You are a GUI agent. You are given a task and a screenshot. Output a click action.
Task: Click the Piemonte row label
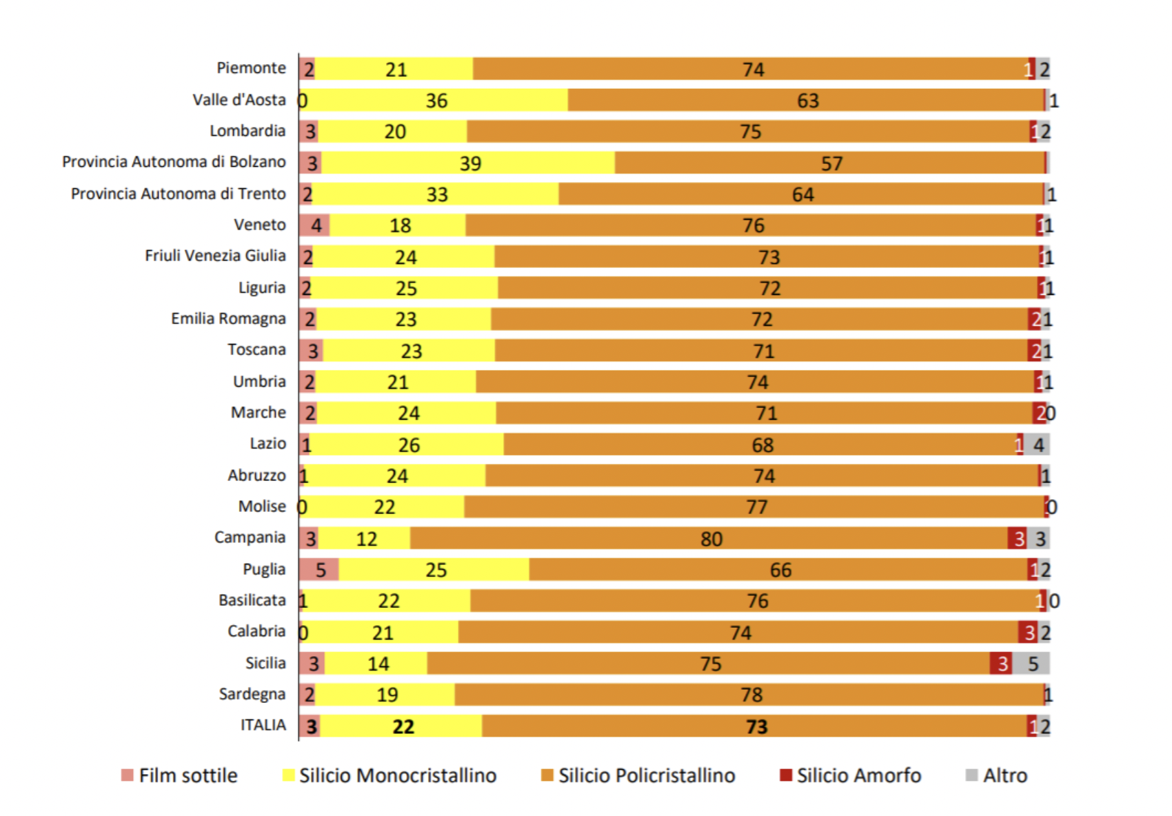(251, 68)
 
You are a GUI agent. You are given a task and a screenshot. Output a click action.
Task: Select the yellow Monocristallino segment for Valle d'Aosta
(434, 101)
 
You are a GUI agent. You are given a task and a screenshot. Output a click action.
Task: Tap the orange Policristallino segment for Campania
(710, 538)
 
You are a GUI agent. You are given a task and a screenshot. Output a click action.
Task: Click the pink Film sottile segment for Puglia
(319, 570)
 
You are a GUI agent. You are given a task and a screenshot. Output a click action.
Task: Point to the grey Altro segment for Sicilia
(1031, 664)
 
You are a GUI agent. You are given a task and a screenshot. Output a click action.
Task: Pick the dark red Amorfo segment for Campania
(1018, 538)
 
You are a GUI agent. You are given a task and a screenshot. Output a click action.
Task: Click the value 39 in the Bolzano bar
(470, 163)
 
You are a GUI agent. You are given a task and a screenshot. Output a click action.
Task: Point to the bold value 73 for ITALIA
(756, 726)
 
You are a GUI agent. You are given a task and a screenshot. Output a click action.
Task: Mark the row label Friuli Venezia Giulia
(215, 256)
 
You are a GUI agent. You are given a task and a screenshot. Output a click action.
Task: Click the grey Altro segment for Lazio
(1037, 445)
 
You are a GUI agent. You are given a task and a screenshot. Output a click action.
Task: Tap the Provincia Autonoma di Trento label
(178, 194)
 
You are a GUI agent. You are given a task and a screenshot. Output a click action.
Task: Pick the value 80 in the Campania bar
(711, 539)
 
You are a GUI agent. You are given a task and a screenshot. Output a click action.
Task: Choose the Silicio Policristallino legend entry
(646, 775)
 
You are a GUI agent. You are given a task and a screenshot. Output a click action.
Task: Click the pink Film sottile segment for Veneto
(315, 225)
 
